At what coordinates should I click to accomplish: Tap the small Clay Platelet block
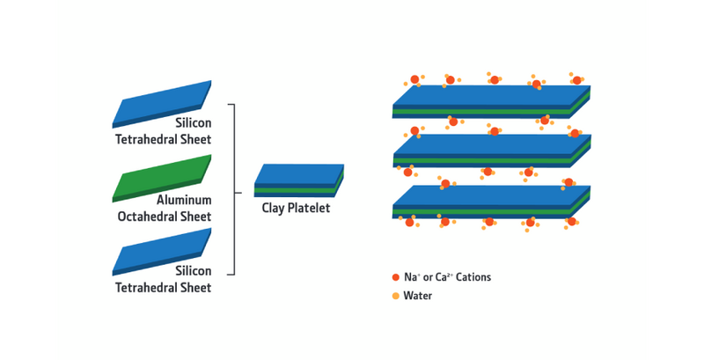(x=298, y=179)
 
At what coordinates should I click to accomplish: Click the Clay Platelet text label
(x=296, y=209)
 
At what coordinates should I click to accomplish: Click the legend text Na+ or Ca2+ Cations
(x=446, y=277)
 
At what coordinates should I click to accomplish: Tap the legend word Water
(x=418, y=296)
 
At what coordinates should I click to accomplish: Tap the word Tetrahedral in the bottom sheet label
(x=148, y=288)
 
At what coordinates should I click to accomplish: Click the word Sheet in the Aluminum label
(x=196, y=216)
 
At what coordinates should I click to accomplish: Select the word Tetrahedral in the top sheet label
(x=148, y=140)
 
